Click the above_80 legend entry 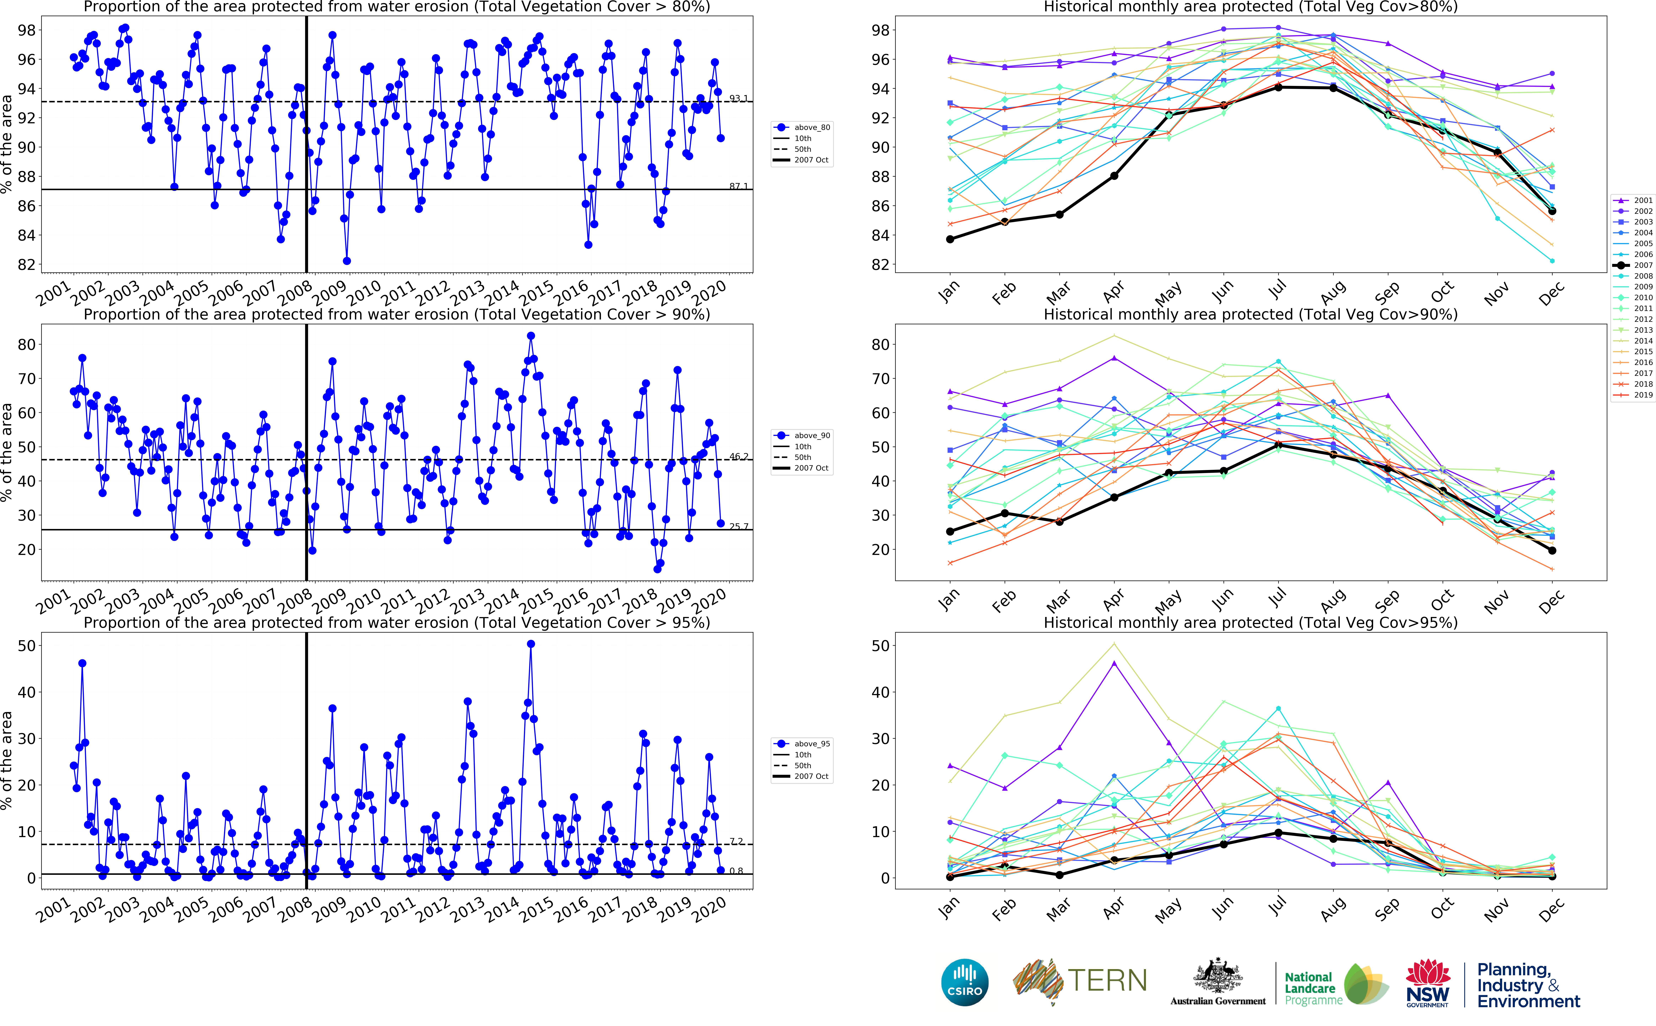tap(803, 128)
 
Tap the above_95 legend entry tap(803, 744)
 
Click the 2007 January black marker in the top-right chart tap(950, 239)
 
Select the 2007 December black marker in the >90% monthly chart tap(1552, 550)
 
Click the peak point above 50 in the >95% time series tap(531, 644)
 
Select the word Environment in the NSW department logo tap(1528, 1002)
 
